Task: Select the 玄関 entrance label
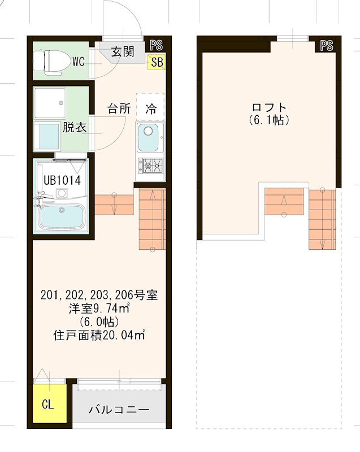click(x=122, y=52)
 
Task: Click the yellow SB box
click(x=156, y=62)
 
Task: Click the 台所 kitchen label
click(x=119, y=108)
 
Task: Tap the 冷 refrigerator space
click(x=150, y=108)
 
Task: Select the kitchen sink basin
click(x=150, y=138)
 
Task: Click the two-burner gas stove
click(x=150, y=166)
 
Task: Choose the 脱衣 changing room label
click(x=74, y=127)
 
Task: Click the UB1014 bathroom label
click(x=62, y=181)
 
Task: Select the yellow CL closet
click(x=48, y=405)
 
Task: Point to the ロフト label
click(x=268, y=107)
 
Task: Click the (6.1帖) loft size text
click(x=268, y=120)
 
